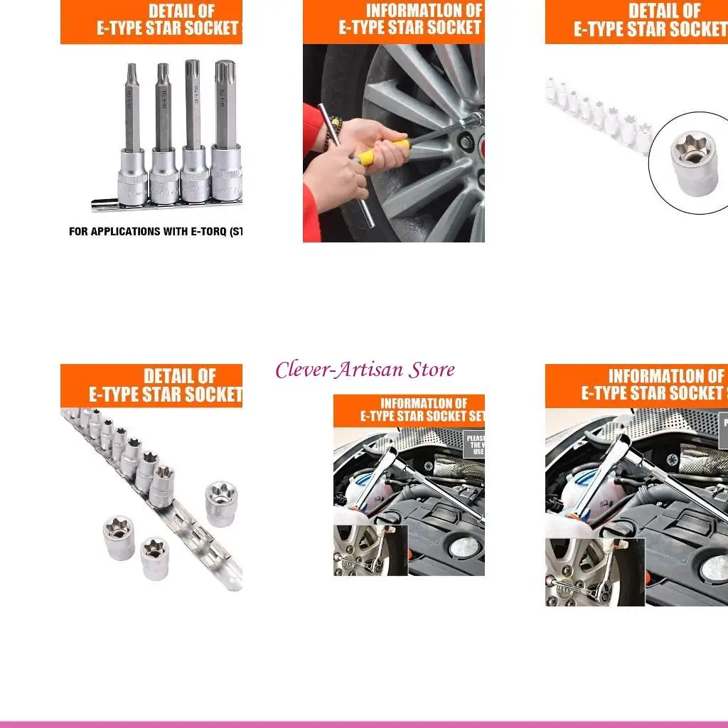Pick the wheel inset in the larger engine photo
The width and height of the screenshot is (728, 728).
tap(594, 572)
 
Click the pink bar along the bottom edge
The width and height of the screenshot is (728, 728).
tap(364, 724)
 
